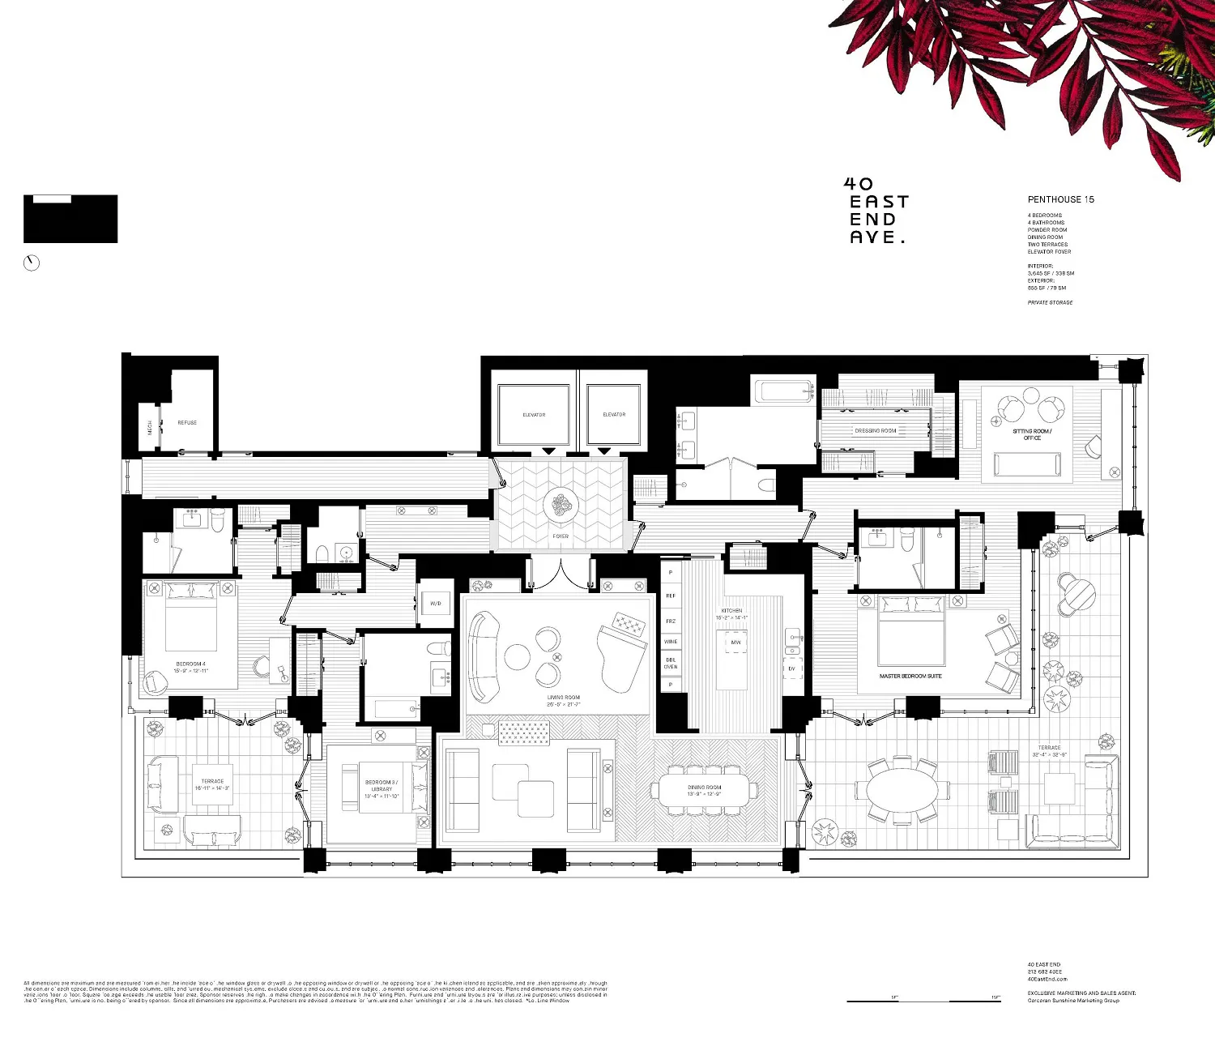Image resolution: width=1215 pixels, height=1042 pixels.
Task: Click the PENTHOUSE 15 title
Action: coord(1060,199)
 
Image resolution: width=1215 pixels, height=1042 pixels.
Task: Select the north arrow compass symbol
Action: coord(32,263)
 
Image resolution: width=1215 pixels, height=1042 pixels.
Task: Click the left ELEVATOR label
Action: coord(534,415)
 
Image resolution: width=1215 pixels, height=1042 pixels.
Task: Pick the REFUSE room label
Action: coord(187,423)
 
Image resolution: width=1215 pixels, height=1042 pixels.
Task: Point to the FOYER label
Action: coord(561,536)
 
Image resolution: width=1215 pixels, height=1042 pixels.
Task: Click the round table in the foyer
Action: coord(561,506)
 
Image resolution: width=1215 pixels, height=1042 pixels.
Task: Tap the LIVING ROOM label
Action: coord(563,698)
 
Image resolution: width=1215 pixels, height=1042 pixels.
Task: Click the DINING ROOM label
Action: coord(704,788)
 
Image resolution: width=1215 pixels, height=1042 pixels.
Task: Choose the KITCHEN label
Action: coord(731,611)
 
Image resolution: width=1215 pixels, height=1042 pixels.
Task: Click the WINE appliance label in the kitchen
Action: coord(671,642)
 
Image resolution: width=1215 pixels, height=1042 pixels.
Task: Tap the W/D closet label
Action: coord(436,604)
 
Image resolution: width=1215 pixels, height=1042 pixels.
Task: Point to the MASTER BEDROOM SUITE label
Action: coord(910,676)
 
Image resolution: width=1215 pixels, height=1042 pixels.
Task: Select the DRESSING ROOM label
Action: coord(876,431)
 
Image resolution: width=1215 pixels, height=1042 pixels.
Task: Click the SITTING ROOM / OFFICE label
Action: coord(1032,434)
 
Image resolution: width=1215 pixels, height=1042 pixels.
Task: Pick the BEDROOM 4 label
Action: coord(191,664)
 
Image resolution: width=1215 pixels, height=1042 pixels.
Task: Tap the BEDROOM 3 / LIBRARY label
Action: coord(382,786)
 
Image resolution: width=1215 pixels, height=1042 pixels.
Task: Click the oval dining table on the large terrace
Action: coord(902,789)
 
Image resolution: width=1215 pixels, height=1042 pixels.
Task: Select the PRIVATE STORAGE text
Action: coord(1050,302)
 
